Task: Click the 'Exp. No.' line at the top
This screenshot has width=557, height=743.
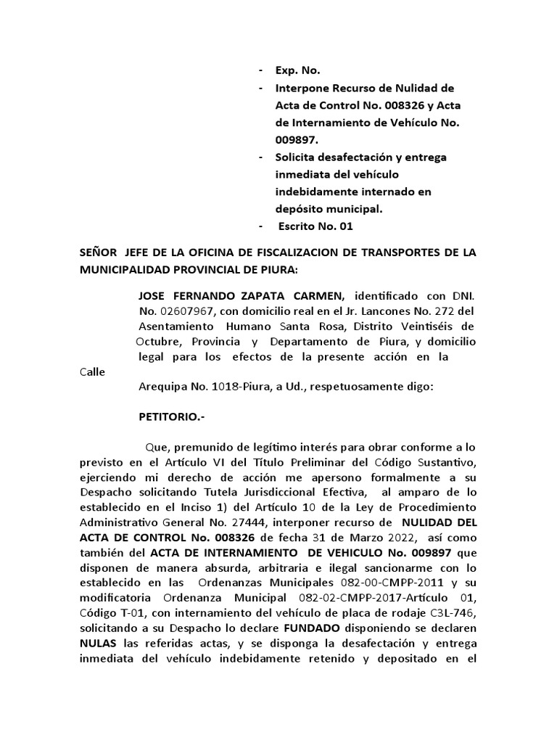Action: (297, 71)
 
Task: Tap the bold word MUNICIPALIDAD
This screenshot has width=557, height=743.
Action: (125, 268)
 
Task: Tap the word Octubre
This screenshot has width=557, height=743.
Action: (158, 342)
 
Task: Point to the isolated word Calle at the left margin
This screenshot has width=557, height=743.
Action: (92, 372)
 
